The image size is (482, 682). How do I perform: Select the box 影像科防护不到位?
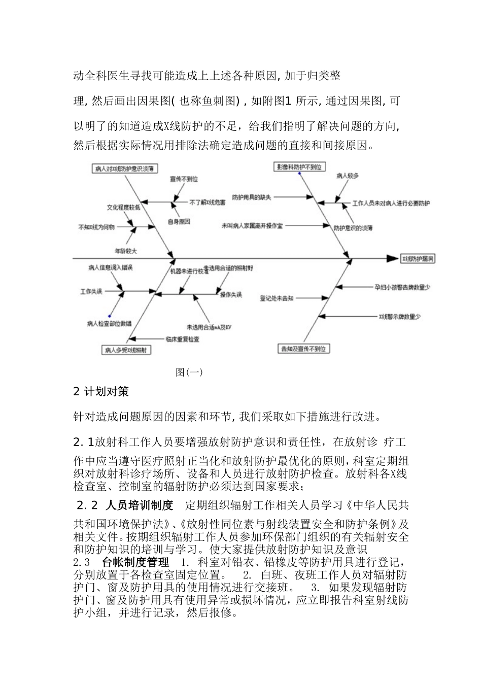tap(299, 167)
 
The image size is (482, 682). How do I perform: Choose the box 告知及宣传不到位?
tap(303, 349)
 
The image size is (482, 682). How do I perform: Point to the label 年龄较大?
tap(126, 251)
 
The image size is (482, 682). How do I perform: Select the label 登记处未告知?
tap(277, 298)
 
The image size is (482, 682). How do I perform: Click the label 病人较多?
tap(348, 176)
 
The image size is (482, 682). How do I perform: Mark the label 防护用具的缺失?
tap(252, 197)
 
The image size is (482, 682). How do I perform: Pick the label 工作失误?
tap(91, 291)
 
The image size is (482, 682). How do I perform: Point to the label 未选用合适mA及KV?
tap(209, 326)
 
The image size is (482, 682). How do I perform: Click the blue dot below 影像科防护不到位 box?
tap(300, 174)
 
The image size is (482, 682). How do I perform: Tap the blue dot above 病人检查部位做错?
tap(110, 316)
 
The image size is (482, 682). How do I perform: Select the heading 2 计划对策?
tap(101, 392)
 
